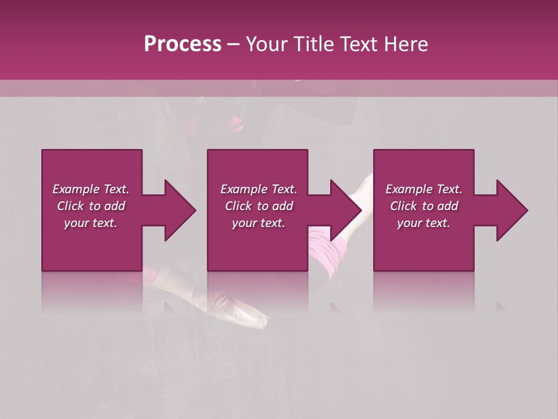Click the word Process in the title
click(x=183, y=44)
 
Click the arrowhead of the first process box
click(x=180, y=210)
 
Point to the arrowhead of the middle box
click(x=346, y=210)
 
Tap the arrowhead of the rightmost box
click(x=512, y=210)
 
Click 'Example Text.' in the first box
click(x=91, y=189)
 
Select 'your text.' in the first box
click(x=91, y=223)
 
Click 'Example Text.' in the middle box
click(x=259, y=189)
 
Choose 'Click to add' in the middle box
click(x=259, y=206)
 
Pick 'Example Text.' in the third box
click(x=424, y=189)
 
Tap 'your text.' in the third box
click(x=424, y=223)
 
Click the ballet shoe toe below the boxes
click(x=259, y=319)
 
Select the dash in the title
click(x=234, y=44)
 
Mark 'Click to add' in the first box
click(x=91, y=206)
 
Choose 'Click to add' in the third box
click(x=424, y=206)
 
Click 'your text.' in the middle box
click(x=259, y=223)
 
